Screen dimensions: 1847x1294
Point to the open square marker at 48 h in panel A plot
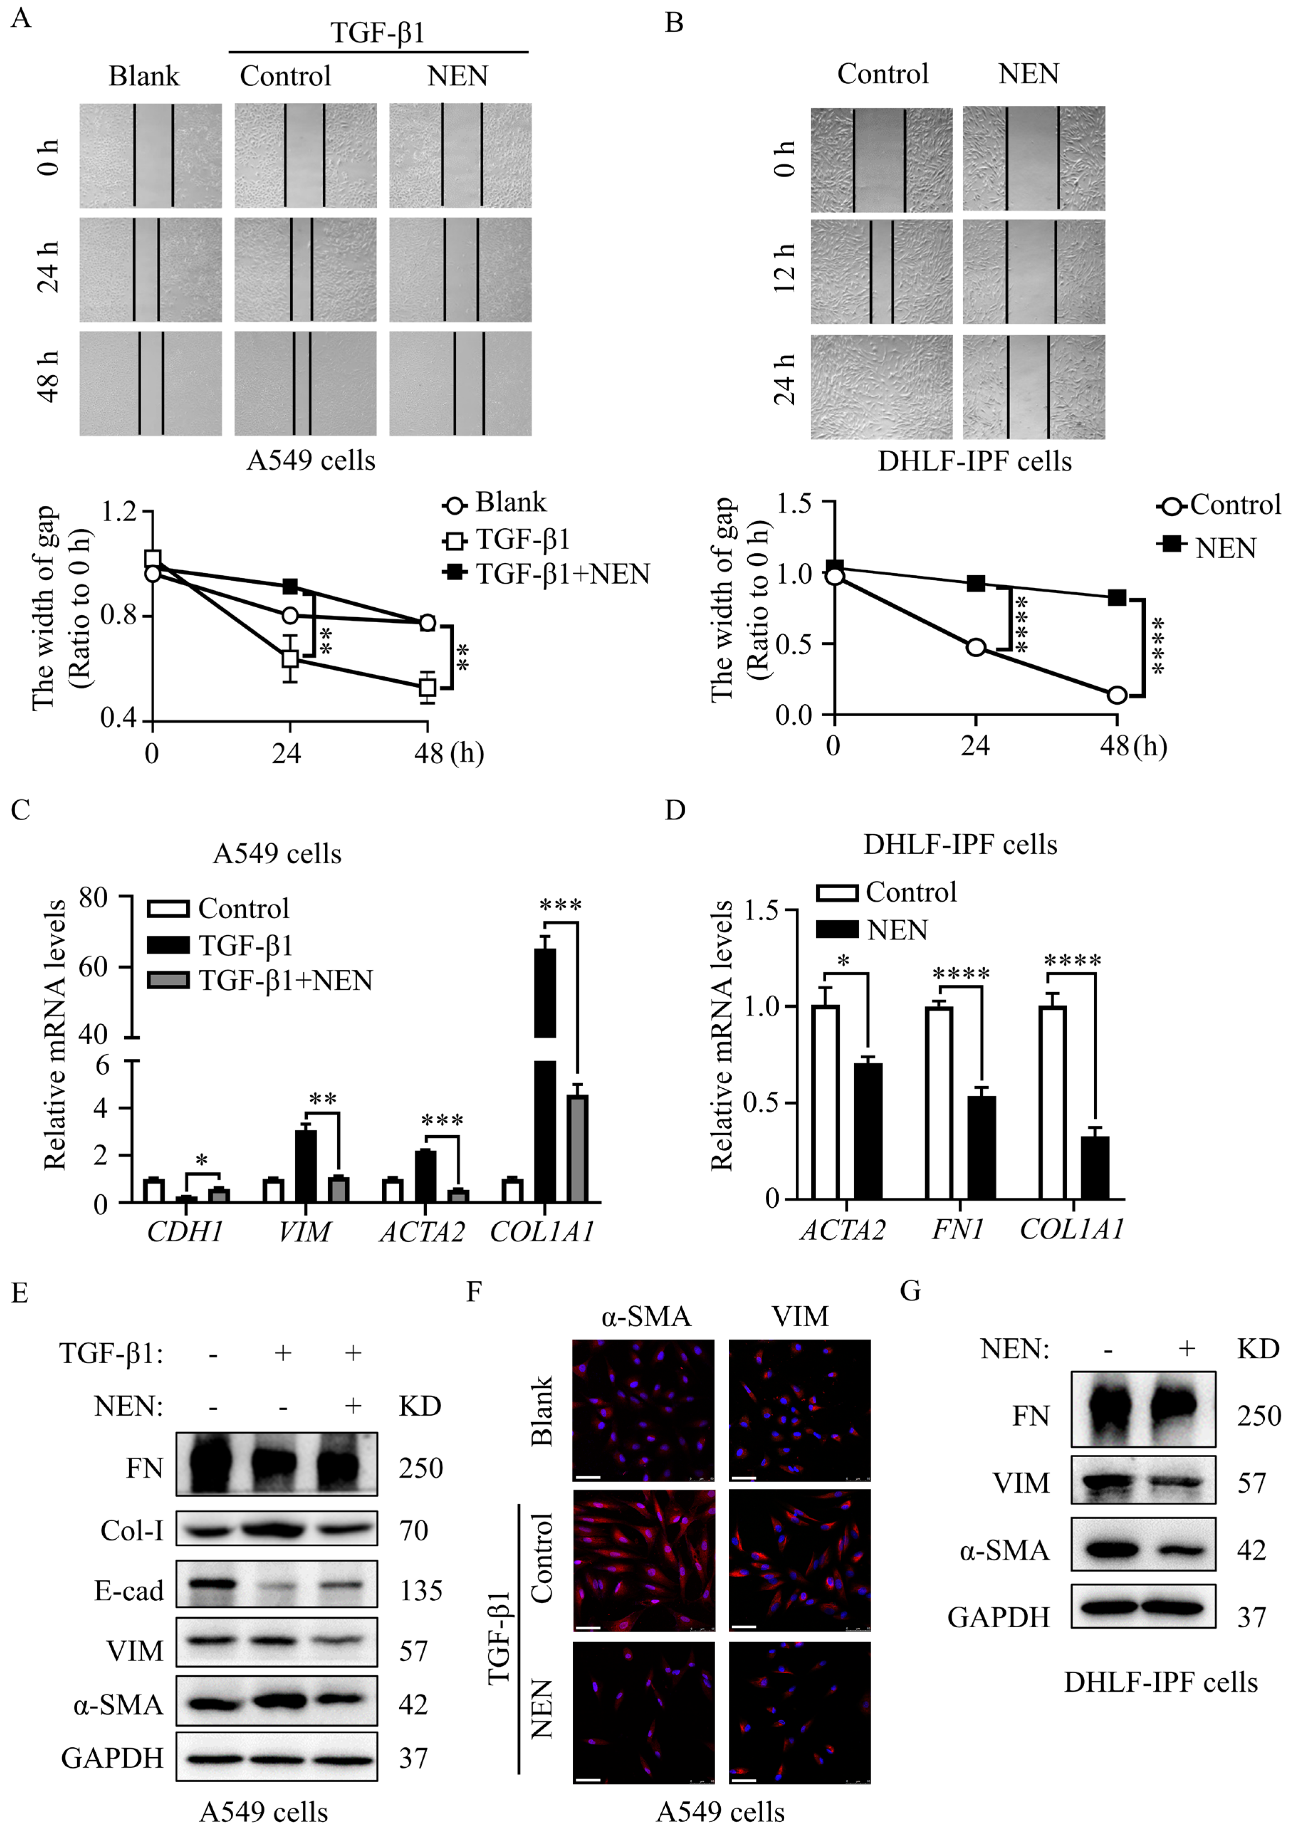(427, 688)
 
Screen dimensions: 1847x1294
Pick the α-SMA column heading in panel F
(645, 1317)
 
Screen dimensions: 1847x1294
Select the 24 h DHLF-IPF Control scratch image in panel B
(881, 387)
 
